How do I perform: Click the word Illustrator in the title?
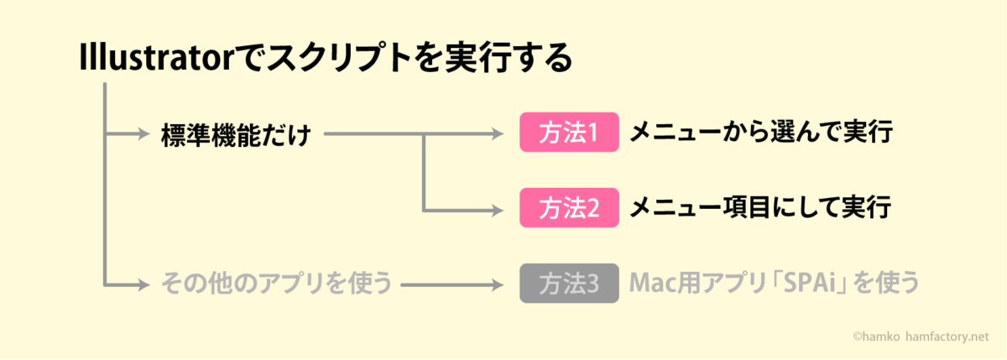pos(156,58)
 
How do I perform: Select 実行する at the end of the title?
pos(509,58)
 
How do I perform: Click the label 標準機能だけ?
pos(236,134)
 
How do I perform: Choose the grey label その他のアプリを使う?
pos(276,283)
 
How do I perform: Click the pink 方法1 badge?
pos(569,132)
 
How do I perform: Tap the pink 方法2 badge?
pos(569,207)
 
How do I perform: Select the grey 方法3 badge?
pos(569,283)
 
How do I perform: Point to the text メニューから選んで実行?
pos(761,132)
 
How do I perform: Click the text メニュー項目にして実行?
pos(760,207)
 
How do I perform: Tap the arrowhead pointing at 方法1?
pos(498,133)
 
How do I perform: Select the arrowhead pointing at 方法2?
pos(498,210)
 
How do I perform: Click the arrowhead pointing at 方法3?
pos(498,285)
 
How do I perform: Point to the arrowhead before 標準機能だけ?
pos(143,133)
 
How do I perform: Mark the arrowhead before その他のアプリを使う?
pos(143,285)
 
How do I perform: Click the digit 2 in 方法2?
pos(592,208)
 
